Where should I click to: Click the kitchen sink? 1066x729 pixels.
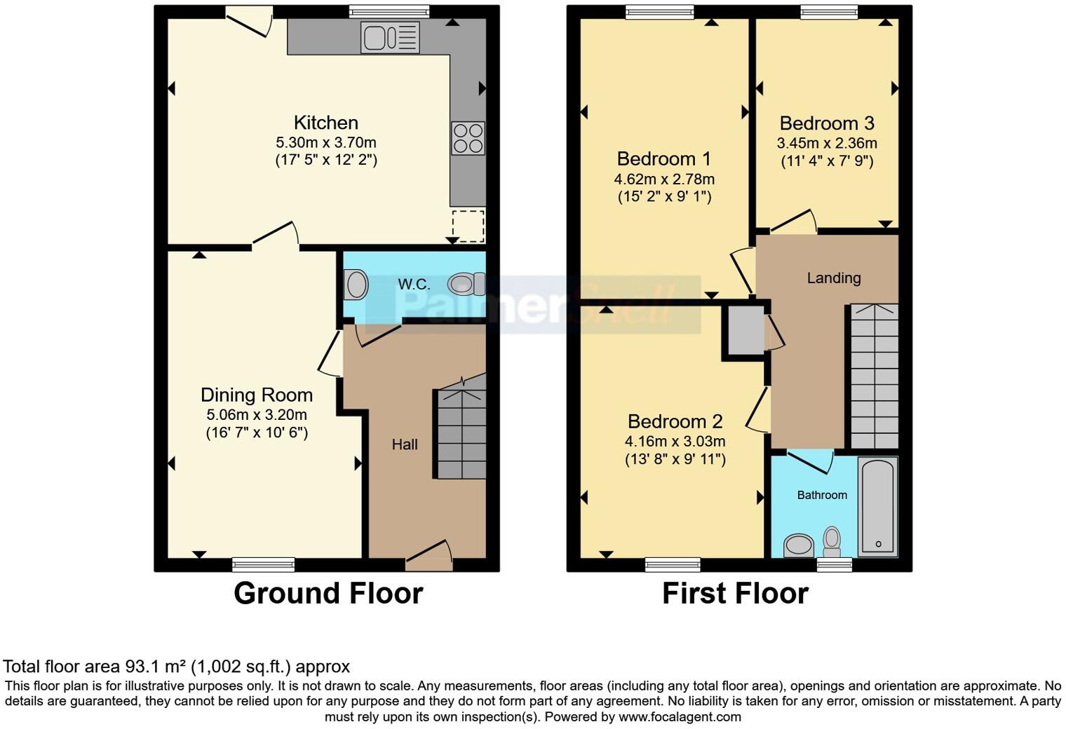(390, 37)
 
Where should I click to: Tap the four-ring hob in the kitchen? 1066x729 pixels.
(468, 138)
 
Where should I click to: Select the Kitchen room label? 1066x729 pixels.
(325, 123)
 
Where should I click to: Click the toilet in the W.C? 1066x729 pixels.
(466, 284)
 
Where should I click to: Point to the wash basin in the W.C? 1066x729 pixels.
(356, 285)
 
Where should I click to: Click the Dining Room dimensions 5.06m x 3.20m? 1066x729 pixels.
(256, 414)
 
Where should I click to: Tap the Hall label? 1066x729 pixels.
(405, 444)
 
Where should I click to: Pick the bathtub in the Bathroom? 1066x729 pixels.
(878, 506)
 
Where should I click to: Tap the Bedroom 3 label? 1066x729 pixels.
(827, 123)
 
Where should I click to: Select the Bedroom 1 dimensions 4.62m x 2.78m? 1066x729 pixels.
(664, 179)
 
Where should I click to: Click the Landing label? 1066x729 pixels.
(833, 278)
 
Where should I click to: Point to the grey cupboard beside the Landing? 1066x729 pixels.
(745, 329)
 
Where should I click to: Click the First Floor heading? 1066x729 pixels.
(735, 594)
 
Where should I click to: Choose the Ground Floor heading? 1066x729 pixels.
(328, 594)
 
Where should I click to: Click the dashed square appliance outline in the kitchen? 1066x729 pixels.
(468, 226)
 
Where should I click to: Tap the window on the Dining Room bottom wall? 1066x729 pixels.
(264, 564)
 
